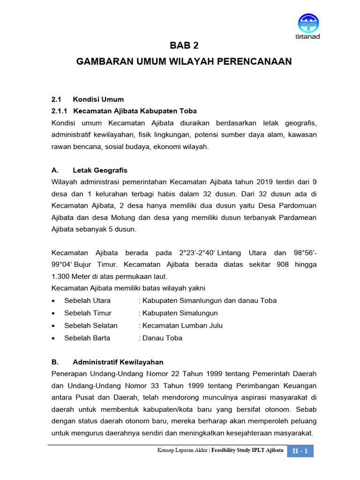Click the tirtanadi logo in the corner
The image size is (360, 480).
308,26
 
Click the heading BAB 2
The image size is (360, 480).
184,45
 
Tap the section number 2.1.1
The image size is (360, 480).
60,111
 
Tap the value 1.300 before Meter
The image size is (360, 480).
61,276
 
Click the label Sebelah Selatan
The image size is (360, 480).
91,325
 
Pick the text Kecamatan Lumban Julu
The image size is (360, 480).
182,325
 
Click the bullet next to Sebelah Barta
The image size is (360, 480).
54,338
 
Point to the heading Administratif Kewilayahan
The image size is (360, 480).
118,362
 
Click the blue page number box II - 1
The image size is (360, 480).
300,451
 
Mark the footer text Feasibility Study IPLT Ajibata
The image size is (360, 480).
247,450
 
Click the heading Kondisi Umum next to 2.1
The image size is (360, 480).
98,99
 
